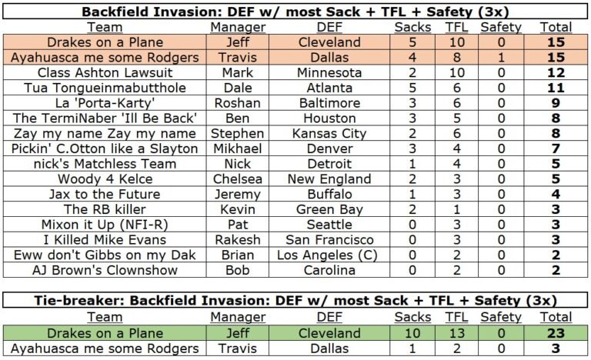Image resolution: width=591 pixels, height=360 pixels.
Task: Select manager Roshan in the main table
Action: (x=238, y=103)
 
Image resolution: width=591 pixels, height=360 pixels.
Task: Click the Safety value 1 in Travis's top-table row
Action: (x=500, y=57)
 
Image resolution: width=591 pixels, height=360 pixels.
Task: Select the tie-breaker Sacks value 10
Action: (x=412, y=333)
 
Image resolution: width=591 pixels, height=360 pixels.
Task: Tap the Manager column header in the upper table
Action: (x=238, y=27)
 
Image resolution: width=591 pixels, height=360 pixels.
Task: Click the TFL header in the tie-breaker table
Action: (x=456, y=317)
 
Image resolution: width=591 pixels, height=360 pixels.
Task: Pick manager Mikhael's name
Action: (x=238, y=148)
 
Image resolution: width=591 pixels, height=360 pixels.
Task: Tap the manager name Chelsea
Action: (x=238, y=179)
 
